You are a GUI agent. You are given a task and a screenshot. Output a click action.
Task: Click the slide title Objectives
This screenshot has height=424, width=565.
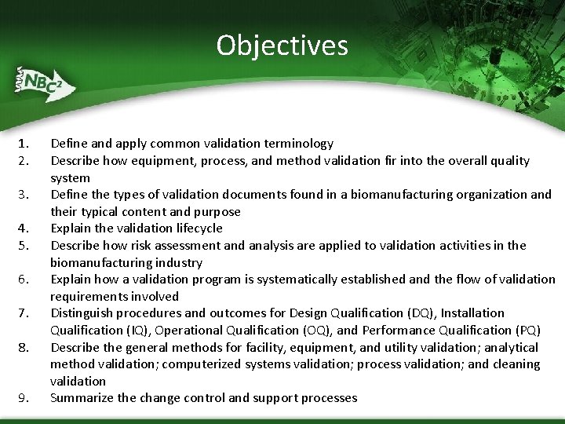pyautogui.click(x=282, y=46)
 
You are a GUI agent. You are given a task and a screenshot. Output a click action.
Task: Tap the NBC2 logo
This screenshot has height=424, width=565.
pyautogui.click(x=43, y=82)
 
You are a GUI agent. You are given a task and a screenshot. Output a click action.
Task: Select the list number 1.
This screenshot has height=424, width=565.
pyautogui.click(x=24, y=144)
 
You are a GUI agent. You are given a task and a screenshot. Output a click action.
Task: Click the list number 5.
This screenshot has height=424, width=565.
pyautogui.click(x=24, y=246)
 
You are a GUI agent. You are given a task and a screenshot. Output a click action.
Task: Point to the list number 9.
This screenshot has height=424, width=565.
pyautogui.click(x=24, y=398)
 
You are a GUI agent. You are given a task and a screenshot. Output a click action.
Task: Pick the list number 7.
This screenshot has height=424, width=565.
pyautogui.click(x=24, y=313)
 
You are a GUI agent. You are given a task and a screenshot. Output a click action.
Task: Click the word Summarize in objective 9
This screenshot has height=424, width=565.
pyautogui.click(x=82, y=398)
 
